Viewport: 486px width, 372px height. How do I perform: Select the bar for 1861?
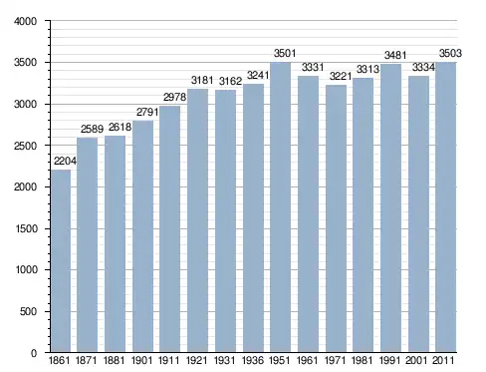click(61, 261)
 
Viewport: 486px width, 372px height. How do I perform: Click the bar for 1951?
click(280, 207)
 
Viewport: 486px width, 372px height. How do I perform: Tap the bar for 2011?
click(446, 207)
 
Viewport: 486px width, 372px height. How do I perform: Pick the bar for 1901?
click(142, 236)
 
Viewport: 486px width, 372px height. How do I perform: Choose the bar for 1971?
click(336, 218)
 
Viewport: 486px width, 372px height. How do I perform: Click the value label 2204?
click(65, 162)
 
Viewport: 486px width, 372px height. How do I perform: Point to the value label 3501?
click(285, 53)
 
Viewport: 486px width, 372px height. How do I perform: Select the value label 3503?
click(450, 53)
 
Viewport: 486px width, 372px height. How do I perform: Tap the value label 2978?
click(174, 97)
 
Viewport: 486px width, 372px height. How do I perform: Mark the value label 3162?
click(230, 81)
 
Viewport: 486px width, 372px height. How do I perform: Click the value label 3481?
click(395, 55)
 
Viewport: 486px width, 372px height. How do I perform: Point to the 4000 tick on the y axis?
click(25, 21)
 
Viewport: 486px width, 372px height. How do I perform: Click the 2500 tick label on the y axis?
click(25, 146)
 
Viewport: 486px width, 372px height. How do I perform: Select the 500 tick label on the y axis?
click(28, 312)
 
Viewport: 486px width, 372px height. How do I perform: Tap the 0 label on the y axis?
click(34, 353)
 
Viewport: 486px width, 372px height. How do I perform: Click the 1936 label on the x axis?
click(253, 360)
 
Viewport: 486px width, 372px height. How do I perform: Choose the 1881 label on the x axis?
click(115, 360)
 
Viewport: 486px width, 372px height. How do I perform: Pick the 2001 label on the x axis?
click(416, 360)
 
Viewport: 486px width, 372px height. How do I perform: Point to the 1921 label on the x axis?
click(197, 360)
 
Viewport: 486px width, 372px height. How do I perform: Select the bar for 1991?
click(390, 208)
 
